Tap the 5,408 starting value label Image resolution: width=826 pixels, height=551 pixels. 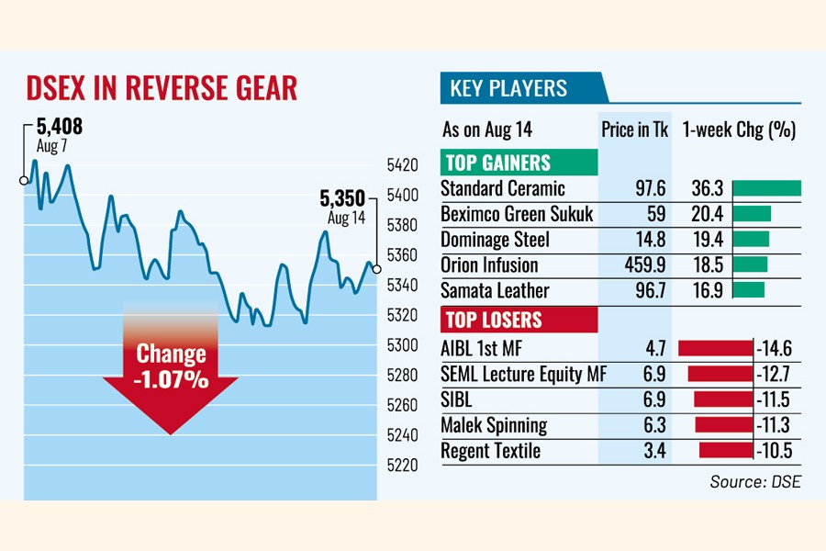(x=61, y=126)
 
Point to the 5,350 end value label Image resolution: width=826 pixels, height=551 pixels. (x=341, y=197)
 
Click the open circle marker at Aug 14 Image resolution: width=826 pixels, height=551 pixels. (x=376, y=269)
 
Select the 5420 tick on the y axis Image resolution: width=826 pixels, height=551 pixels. (x=403, y=165)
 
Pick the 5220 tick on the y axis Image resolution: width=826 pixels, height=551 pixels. (x=403, y=465)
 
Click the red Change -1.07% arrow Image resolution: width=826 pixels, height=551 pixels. (x=172, y=377)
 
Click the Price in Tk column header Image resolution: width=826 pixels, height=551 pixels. (x=634, y=129)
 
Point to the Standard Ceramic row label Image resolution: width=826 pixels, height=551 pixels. (x=503, y=188)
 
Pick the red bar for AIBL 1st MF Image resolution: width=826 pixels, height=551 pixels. (x=714, y=347)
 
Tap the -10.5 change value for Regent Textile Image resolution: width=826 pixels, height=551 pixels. (x=775, y=451)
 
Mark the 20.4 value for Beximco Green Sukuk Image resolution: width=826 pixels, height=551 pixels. (x=708, y=214)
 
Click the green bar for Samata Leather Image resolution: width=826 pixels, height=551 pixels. (x=749, y=290)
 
